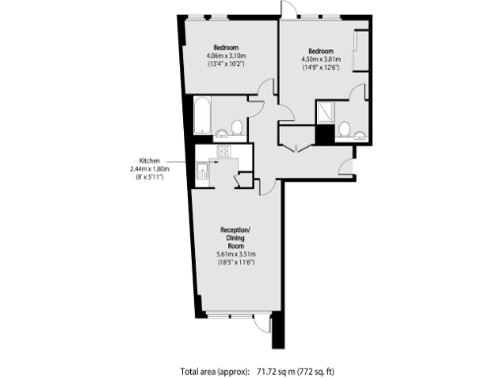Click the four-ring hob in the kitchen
222,152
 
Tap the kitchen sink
204,171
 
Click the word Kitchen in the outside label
150,161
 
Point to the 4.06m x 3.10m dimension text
225,57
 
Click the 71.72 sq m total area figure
280,371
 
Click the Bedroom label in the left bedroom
225,47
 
